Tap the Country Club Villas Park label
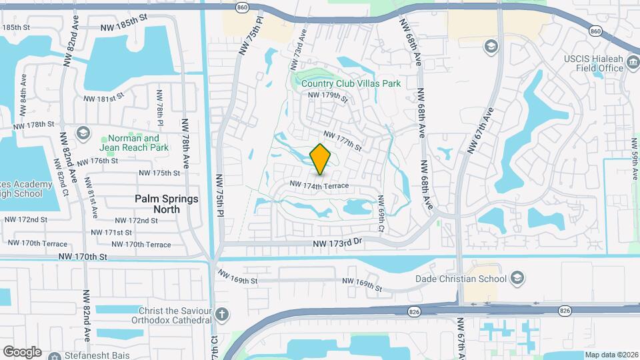[350, 83]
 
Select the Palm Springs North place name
[167, 204]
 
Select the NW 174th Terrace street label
[319, 184]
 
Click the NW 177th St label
[343, 140]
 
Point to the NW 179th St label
[328, 96]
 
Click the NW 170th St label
[83, 257]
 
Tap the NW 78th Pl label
[160, 108]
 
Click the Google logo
[22, 351]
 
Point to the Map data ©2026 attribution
[611, 355]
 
